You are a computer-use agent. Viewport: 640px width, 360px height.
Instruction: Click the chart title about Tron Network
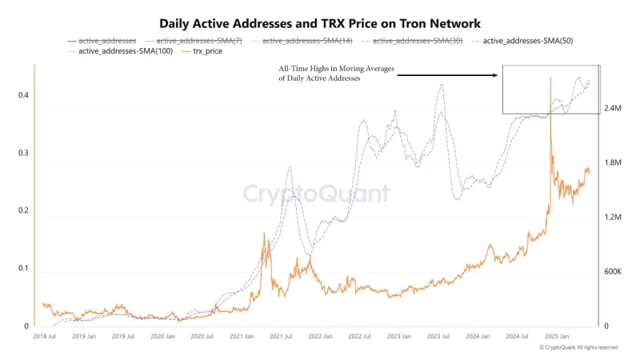click(320, 24)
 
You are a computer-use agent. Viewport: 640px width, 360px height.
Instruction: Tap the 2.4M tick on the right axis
click(613, 108)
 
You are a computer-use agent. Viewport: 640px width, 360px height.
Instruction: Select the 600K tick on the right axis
click(614, 272)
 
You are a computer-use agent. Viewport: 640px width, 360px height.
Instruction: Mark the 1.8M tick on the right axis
click(613, 163)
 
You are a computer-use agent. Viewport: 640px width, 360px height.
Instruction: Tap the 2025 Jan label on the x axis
click(558, 338)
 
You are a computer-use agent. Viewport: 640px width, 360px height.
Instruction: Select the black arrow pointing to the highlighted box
click(448, 75)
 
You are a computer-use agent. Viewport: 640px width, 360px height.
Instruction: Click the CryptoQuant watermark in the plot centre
click(316, 194)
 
